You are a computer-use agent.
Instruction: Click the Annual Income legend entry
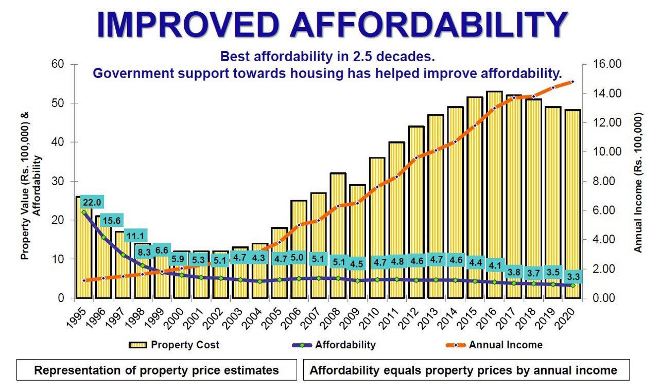coord(495,345)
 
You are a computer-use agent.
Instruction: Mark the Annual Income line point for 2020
coord(572,82)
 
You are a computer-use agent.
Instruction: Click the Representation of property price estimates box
coord(157,370)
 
